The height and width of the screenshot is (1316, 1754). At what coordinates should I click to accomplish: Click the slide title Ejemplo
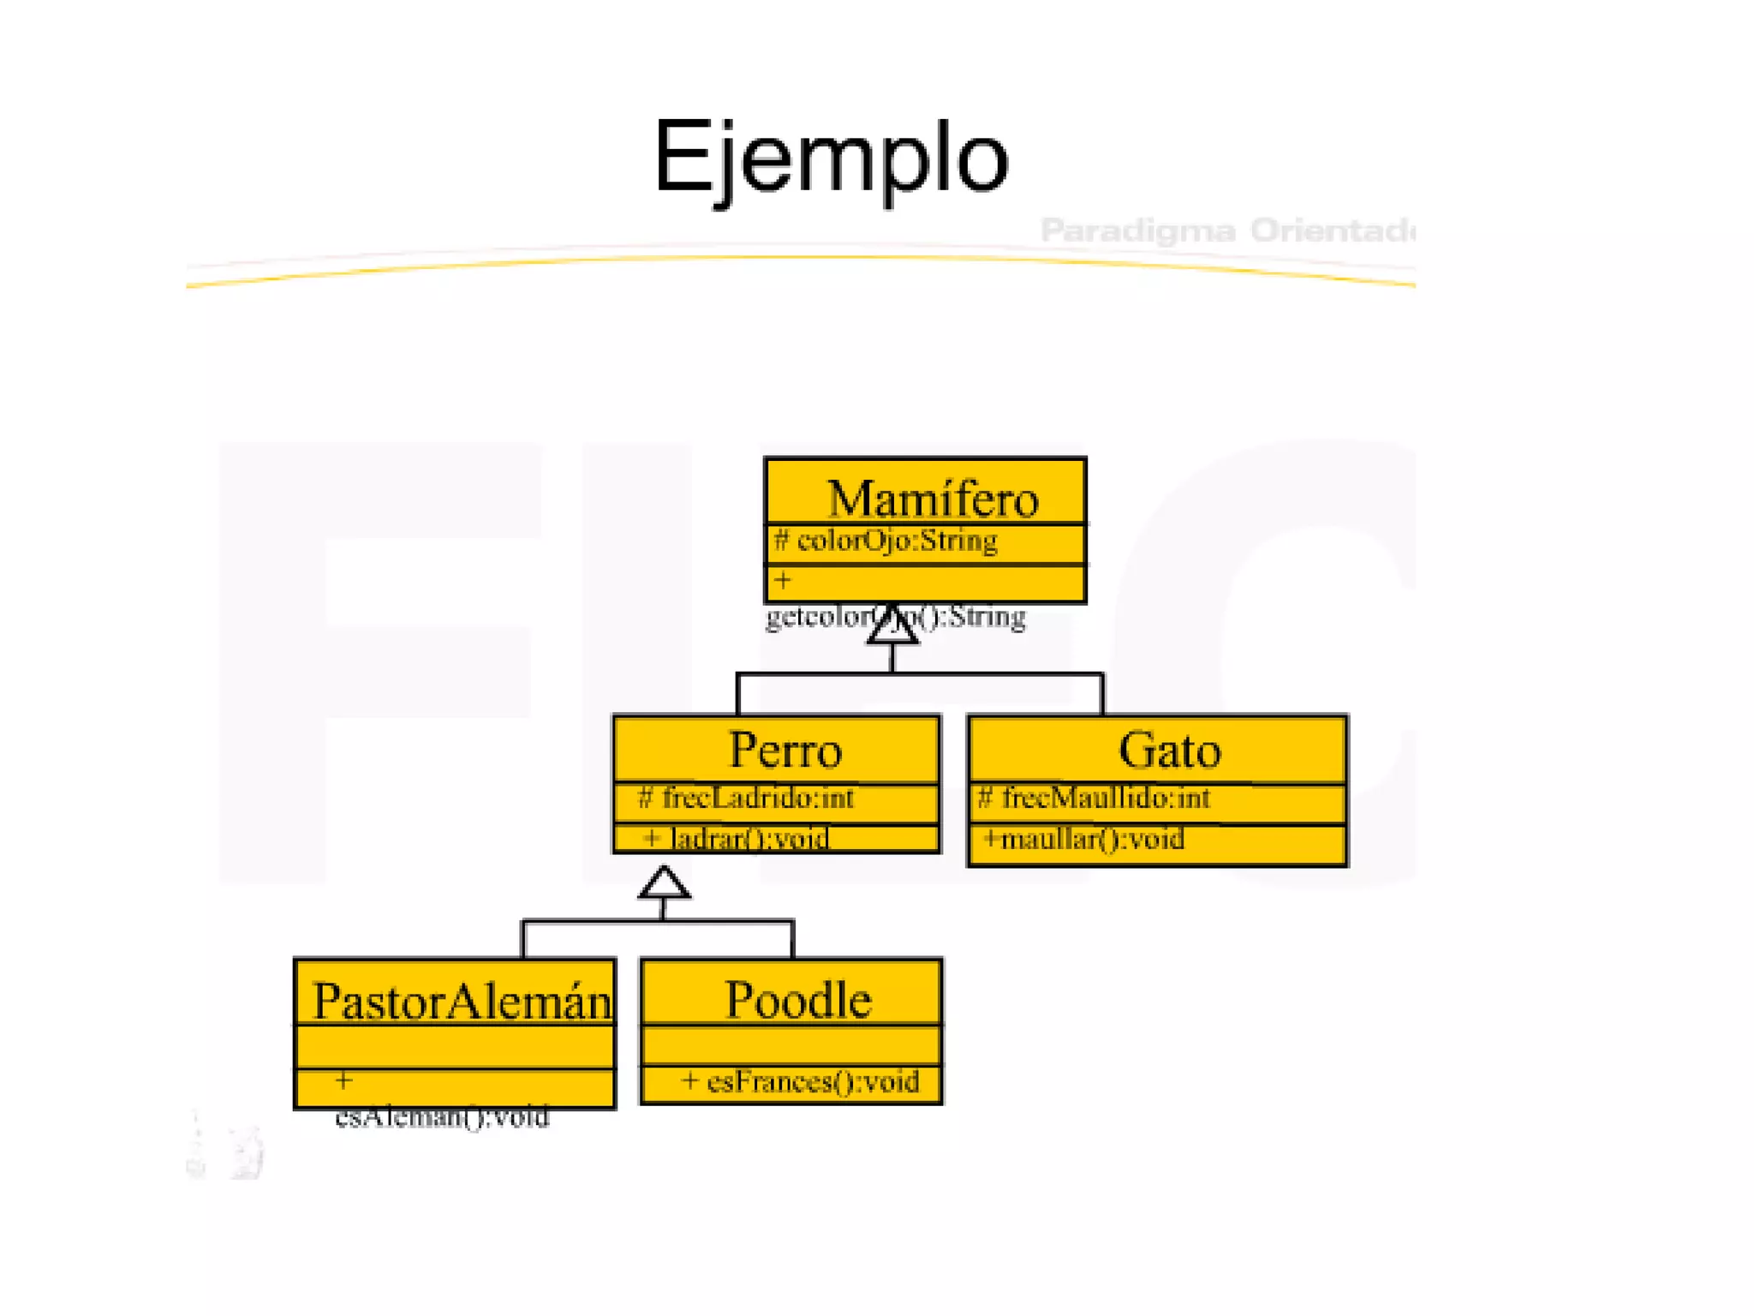[831, 159]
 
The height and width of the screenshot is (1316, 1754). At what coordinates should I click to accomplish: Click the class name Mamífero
[933, 499]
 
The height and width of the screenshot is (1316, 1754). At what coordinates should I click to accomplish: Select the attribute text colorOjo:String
[896, 541]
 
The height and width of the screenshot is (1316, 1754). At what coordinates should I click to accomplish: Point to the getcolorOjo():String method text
[895, 617]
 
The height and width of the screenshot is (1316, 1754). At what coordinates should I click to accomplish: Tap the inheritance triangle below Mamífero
[892, 626]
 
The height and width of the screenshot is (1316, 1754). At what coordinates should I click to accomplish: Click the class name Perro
[785, 751]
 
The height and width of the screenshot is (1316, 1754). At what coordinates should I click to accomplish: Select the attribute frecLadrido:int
[757, 799]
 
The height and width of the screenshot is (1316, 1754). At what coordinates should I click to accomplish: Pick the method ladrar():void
[748, 839]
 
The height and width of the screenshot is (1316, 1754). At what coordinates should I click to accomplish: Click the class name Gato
[1169, 751]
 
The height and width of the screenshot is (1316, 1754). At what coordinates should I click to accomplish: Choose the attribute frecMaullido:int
[1105, 799]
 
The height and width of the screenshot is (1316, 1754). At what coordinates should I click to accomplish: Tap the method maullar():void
[1092, 839]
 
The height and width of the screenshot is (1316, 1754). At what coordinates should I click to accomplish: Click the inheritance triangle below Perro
[664, 883]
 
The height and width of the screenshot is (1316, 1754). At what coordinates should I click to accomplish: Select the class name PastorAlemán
[462, 1001]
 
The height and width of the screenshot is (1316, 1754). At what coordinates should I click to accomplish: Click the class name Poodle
[798, 1000]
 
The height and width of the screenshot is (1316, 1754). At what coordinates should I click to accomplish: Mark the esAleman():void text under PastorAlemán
[442, 1117]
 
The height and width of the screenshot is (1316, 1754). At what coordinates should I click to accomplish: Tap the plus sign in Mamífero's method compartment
[783, 581]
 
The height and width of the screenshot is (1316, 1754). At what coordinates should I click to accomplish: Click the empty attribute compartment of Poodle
[791, 1045]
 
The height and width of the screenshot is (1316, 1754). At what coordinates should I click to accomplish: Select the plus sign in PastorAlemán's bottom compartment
[343, 1080]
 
